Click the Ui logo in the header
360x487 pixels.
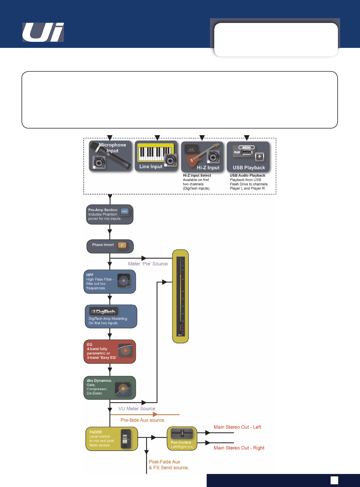point(43,32)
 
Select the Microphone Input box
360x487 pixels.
point(110,156)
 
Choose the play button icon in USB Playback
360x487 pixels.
point(260,157)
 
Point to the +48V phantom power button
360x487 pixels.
point(125,211)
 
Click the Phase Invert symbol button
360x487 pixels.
point(122,245)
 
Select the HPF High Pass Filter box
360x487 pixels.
point(109,282)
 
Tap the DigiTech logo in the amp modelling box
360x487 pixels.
point(103,312)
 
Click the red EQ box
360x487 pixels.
point(109,351)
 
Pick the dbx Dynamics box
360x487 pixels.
point(109,388)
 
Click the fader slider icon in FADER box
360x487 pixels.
point(125,439)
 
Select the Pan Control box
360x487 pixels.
point(182,439)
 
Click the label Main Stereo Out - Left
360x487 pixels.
point(237,427)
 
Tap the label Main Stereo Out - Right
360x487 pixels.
point(239,448)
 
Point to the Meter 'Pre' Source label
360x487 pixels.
point(148,264)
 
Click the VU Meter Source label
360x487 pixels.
point(137,409)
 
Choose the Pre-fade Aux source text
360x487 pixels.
point(143,420)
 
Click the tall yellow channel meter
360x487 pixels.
point(180,296)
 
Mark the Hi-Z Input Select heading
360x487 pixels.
point(197,175)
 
